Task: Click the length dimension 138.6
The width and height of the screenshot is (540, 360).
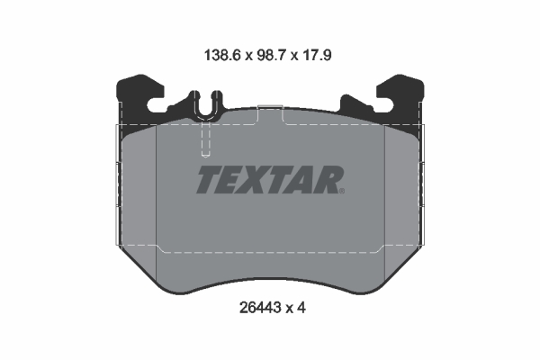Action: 220,54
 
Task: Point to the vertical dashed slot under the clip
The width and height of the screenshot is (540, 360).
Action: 205,139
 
